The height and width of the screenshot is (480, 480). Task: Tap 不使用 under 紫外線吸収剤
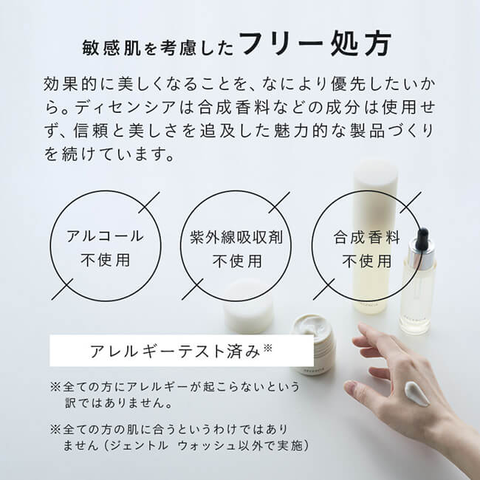236,261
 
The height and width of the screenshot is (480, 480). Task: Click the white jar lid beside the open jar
248,306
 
